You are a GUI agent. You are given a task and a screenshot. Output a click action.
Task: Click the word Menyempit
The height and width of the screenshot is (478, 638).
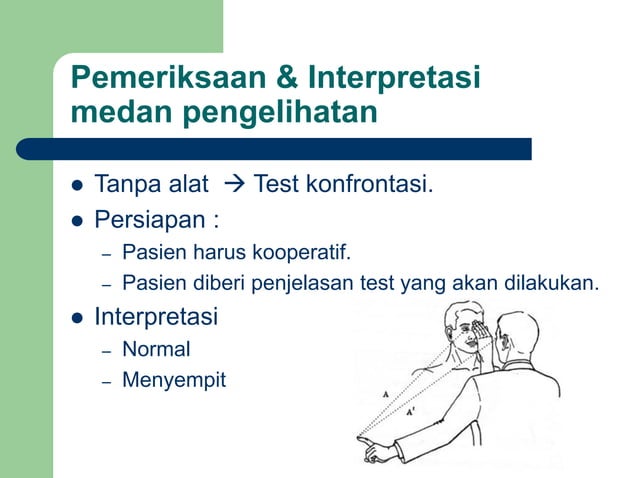(173, 381)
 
